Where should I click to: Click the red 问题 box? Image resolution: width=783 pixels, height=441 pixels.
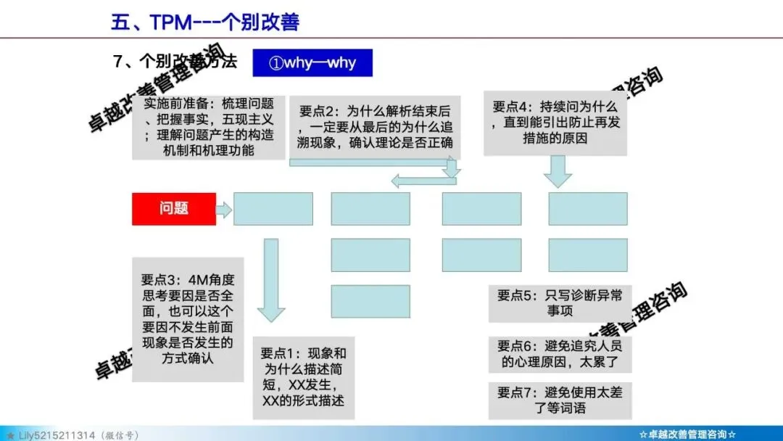(x=174, y=209)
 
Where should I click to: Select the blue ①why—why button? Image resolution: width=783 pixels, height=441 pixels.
(x=312, y=63)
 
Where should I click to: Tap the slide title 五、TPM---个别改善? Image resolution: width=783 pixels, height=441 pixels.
(x=205, y=22)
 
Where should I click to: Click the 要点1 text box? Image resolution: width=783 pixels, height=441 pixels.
(x=303, y=377)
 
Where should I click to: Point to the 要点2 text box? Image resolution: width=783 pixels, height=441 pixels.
(x=376, y=128)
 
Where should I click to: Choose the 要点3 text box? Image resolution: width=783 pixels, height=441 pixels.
(x=188, y=318)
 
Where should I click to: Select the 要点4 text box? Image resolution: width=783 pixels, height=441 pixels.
(x=555, y=123)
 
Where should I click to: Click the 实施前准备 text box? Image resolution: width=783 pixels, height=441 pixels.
(x=209, y=128)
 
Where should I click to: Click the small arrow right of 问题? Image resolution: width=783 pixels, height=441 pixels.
(x=224, y=210)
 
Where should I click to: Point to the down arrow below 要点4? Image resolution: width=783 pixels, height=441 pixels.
(x=558, y=171)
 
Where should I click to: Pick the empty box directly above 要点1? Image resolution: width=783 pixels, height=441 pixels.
(x=370, y=302)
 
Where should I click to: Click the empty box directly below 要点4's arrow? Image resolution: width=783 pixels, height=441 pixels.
(x=587, y=209)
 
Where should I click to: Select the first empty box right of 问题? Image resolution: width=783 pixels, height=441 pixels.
(x=273, y=209)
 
